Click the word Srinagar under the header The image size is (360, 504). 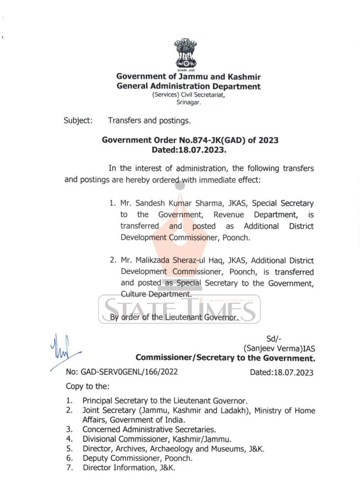coord(189,102)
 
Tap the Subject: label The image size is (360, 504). coord(78,120)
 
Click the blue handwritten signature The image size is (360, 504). coord(63,350)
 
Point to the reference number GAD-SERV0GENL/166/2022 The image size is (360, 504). coord(122,372)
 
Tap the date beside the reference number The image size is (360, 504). coord(281,372)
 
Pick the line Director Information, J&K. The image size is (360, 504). coord(129,467)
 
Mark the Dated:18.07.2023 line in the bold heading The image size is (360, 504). coord(190,150)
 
